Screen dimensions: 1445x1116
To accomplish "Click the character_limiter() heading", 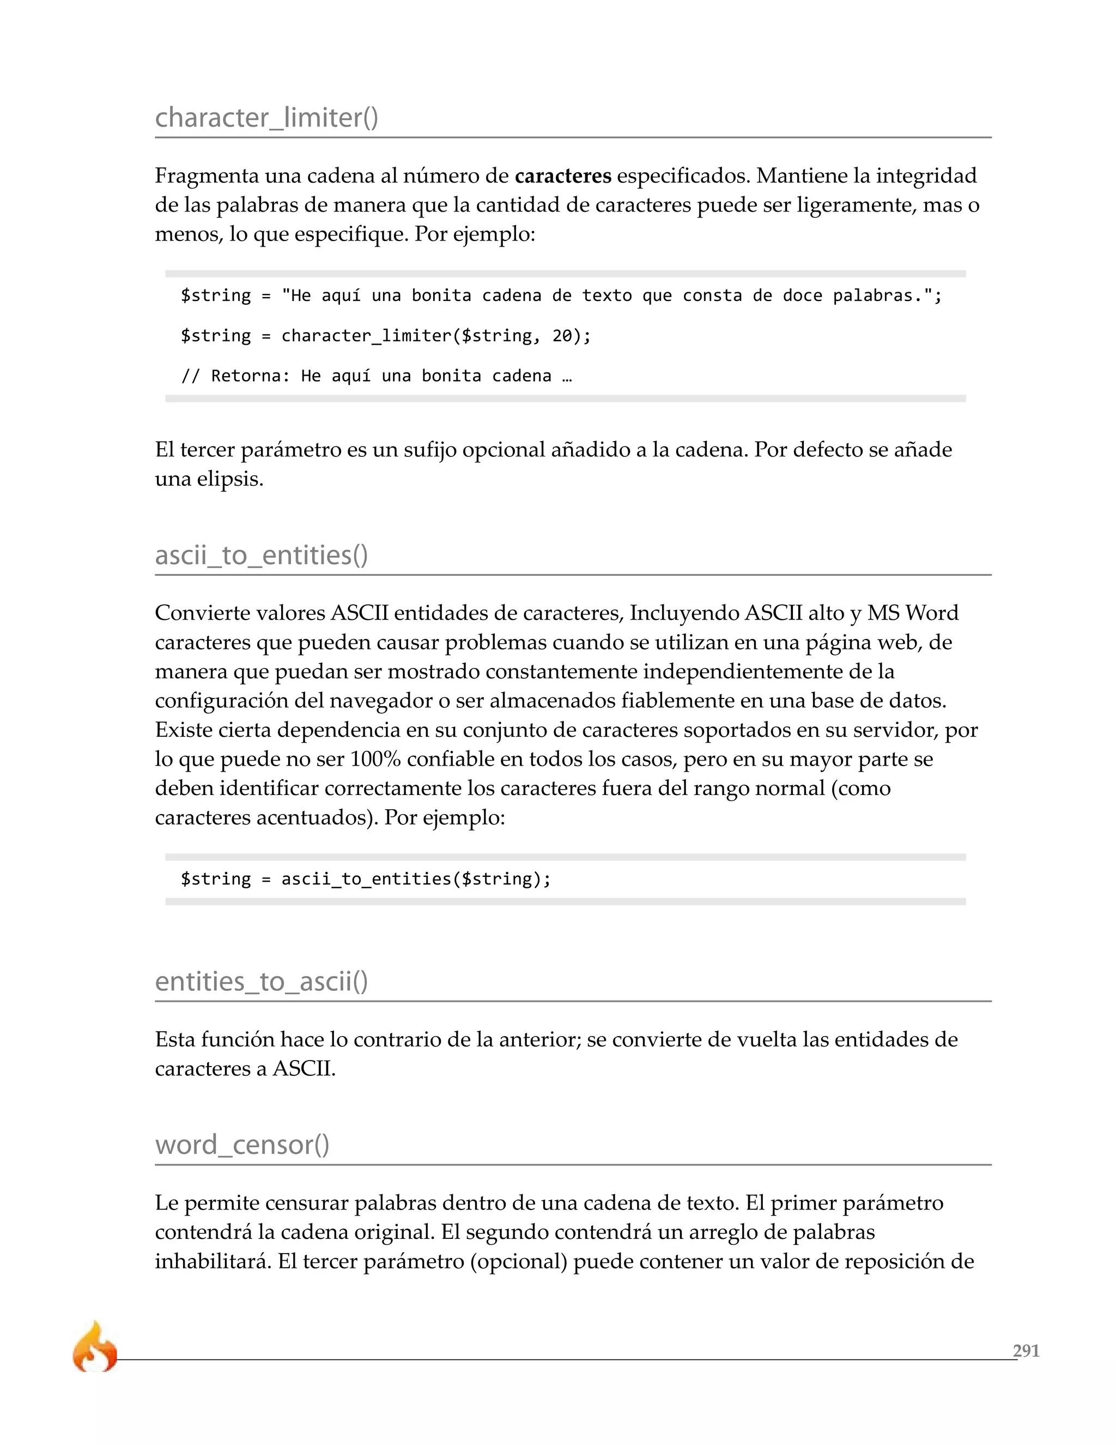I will tap(266, 118).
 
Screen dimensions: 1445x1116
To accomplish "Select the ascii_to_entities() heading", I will tap(261, 555).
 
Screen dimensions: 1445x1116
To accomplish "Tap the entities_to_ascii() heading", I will tap(261, 981).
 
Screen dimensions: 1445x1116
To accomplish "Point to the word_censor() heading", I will tap(242, 1145).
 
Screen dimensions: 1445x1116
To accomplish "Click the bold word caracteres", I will tap(562, 176).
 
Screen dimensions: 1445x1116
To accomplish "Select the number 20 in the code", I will tap(562, 336).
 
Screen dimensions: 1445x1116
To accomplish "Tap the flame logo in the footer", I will tap(94, 1347).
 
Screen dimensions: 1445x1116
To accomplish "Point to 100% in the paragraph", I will tap(375, 759).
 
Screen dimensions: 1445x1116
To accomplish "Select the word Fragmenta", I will tap(207, 176).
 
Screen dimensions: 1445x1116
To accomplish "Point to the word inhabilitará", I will tap(213, 1262).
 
